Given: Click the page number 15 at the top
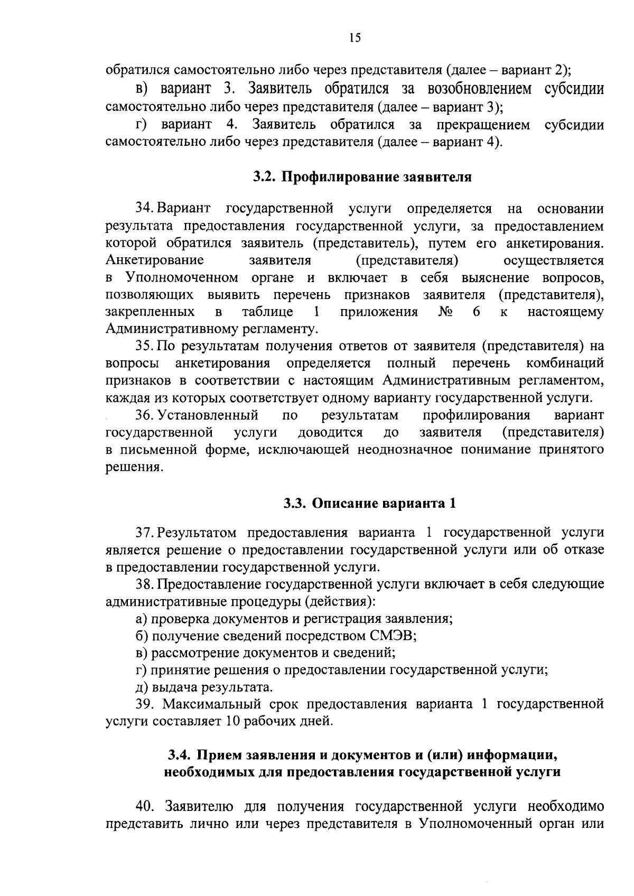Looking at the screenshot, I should point(355,38).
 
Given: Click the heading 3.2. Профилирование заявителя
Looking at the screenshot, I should point(362,177).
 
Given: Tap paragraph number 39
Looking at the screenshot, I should point(145,704).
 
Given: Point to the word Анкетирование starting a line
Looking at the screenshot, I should point(155,261).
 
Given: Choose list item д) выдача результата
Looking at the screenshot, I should point(204,687).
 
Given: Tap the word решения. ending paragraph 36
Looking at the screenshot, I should point(132,467).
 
